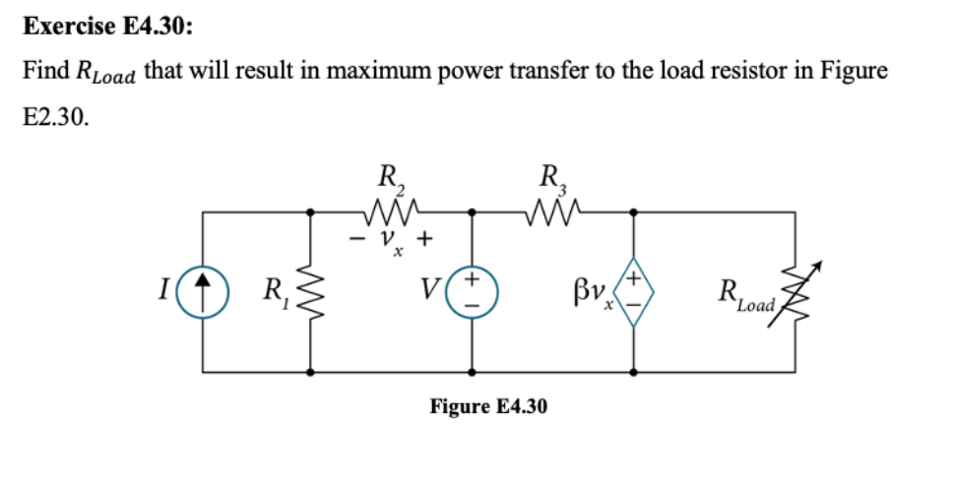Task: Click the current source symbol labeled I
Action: pos(203,291)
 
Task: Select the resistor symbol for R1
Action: pos(313,291)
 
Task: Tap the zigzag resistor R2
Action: pos(392,210)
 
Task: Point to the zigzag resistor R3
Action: pos(551,210)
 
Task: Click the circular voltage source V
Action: pos(472,291)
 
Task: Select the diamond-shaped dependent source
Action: pos(632,291)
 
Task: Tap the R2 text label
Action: pos(390,181)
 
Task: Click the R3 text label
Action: pos(551,181)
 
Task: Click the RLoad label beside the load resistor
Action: pos(743,293)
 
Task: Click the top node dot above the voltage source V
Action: pos(472,210)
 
